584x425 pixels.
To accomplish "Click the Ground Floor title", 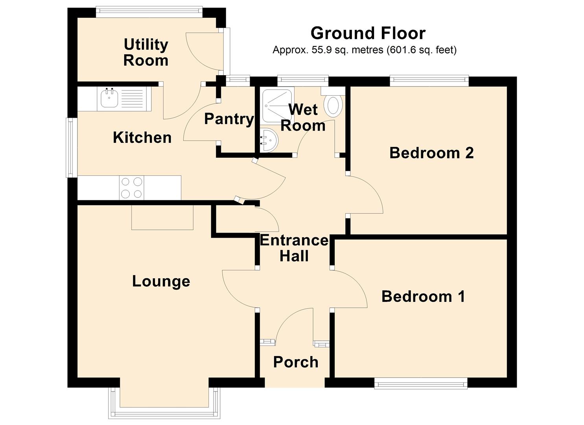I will click(368, 33).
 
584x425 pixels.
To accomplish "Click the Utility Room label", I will click(146, 52).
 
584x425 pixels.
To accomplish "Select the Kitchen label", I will click(142, 138).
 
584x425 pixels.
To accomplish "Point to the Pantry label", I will click(229, 119).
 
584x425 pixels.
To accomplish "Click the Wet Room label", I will click(303, 118).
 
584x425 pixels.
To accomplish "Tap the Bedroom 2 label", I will click(431, 153).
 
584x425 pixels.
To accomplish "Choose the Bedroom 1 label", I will click(423, 296).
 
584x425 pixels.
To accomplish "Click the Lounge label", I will click(161, 281).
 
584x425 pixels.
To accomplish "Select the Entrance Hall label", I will click(294, 248).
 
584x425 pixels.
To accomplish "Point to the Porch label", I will click(296, 362).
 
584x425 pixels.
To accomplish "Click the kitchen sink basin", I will click(109, 98).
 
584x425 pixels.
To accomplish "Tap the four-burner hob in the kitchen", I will click(131, 188).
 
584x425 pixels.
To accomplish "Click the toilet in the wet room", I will click(333, 104).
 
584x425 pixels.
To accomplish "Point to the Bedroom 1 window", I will click(420, 383).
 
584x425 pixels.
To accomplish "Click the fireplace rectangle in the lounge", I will click(162, 217).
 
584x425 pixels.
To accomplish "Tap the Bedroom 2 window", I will click(429, 81).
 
